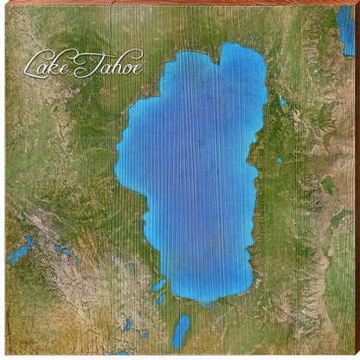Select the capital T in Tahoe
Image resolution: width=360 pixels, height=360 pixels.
85,62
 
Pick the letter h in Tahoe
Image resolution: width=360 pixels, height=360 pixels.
110,63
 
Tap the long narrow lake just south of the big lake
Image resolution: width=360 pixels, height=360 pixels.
181,331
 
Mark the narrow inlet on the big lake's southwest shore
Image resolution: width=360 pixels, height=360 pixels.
159,285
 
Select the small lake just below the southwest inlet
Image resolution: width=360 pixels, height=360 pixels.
161,299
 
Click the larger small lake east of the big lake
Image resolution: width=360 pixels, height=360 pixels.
283,102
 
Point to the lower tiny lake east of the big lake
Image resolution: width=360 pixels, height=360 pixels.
280,161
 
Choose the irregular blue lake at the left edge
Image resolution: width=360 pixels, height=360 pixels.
19,252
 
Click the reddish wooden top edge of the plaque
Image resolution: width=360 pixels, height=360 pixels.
173,3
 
